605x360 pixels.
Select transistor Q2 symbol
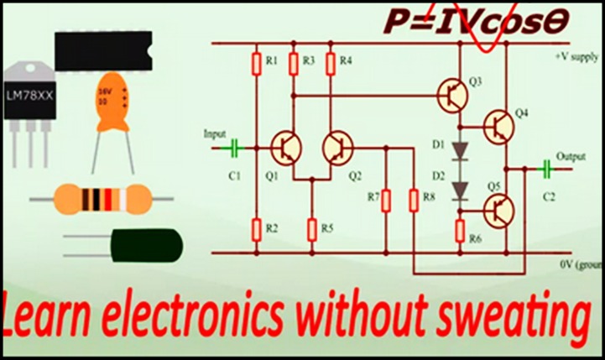(x=338, y=149)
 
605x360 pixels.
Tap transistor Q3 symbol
(x=454, y=94)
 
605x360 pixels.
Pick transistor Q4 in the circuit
(x=500, y=126)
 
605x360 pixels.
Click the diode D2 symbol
(x=461, y=190)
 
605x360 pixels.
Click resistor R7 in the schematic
(x=386, y=200)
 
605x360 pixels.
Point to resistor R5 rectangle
(x=312, y=227)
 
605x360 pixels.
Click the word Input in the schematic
(x=215, y=133)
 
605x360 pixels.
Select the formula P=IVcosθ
(x=477, y=21)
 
